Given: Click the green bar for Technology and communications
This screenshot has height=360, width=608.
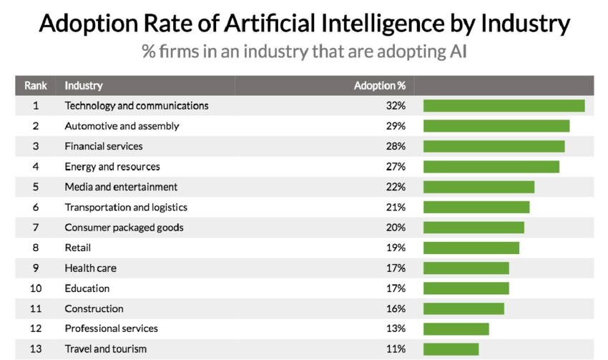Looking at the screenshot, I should pyautogui.click(x=504, y=106).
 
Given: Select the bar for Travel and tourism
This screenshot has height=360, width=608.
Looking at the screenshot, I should pyautogui.click(x=451, y=349).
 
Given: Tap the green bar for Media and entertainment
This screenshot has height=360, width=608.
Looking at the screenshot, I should pyautogui.click(x=479, y=187).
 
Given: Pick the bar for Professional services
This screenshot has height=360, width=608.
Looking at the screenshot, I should pyautogui.click(x=456, y=329).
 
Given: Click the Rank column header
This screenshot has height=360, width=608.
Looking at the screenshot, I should pyautogui.click(x=36, y=85).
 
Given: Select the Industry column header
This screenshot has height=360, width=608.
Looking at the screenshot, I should pyautogui.click(x=84, y=85).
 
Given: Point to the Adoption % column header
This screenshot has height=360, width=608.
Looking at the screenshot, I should pyautogui.click(x=380, y=85).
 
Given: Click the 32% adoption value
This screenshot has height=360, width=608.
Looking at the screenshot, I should pyautogui.click(x=396, y=106).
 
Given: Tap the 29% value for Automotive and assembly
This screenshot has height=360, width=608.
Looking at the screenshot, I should pyautogui.click(x=396, y=126).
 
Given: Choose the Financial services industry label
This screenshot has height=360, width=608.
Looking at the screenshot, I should pyautogui.click(x=104, y=146).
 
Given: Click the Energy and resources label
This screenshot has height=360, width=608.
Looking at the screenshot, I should pyautogui.click(x=112, y=167).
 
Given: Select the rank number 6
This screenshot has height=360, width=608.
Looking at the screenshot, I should pyautogui.click(x=36, y=208).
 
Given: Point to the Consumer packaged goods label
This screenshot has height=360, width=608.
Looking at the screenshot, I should pyautogui.click(x=124, y=228).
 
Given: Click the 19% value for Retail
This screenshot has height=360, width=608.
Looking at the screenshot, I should pyautogui.click(x=396, y=248).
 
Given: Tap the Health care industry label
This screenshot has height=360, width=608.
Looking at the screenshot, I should pyautogui.click(x=90, y=268).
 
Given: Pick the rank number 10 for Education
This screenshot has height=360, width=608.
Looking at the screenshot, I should pyautogui.click(x=36, y=288).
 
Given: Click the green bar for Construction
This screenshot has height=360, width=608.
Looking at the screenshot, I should pyautogui.click(x=464, y=309).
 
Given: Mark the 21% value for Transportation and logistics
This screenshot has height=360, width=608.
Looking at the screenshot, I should pyautogui.click(x=396, y=208).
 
